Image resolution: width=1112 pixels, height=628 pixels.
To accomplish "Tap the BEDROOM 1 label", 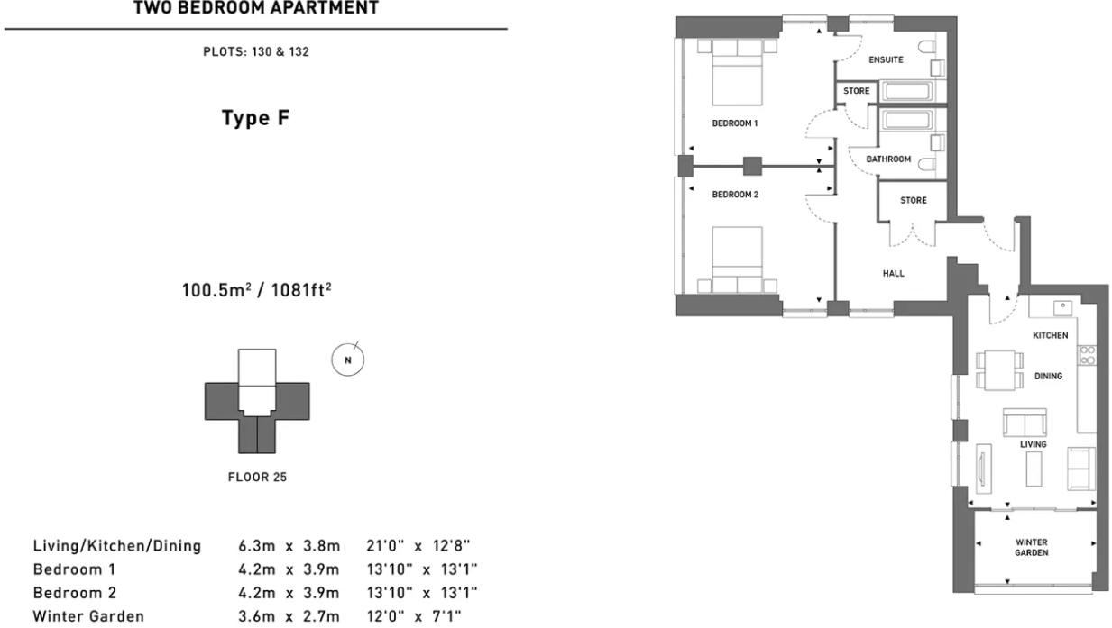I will click(x=734, y=123).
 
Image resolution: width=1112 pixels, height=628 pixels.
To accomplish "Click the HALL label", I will click(x=894, y=274).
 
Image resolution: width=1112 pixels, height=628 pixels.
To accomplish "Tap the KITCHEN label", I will click(x=1051, y=335).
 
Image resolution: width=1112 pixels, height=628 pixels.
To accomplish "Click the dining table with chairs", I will click(x=999, y=370).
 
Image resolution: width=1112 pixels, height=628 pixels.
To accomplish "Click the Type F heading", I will click(x=256, y=118).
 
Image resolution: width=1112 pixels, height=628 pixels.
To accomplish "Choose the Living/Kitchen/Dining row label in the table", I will click(x=116, y=547).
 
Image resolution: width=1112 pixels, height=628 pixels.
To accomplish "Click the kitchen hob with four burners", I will click(x=1087, y=354).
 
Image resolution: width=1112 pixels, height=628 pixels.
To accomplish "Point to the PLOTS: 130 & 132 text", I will click(x=256, y=52).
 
